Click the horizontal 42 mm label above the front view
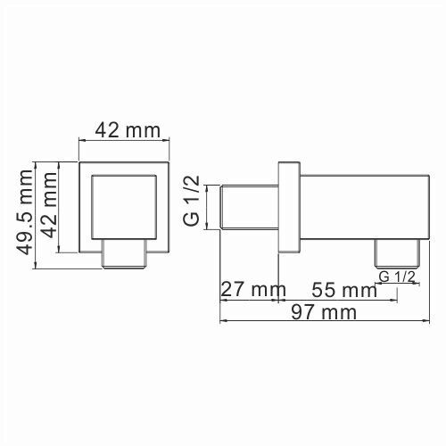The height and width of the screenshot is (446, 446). coord(124,130)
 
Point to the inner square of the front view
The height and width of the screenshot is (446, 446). coord(125,206)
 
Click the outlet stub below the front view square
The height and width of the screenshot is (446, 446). coord(124,255)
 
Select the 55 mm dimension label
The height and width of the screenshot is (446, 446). coord(343,290)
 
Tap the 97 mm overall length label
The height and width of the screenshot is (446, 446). coord(321,312)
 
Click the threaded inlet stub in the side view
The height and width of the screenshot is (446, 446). coord(249,207)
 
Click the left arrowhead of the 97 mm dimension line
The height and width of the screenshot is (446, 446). coord(224,321)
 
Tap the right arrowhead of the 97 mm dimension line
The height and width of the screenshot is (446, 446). coord(417,321)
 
